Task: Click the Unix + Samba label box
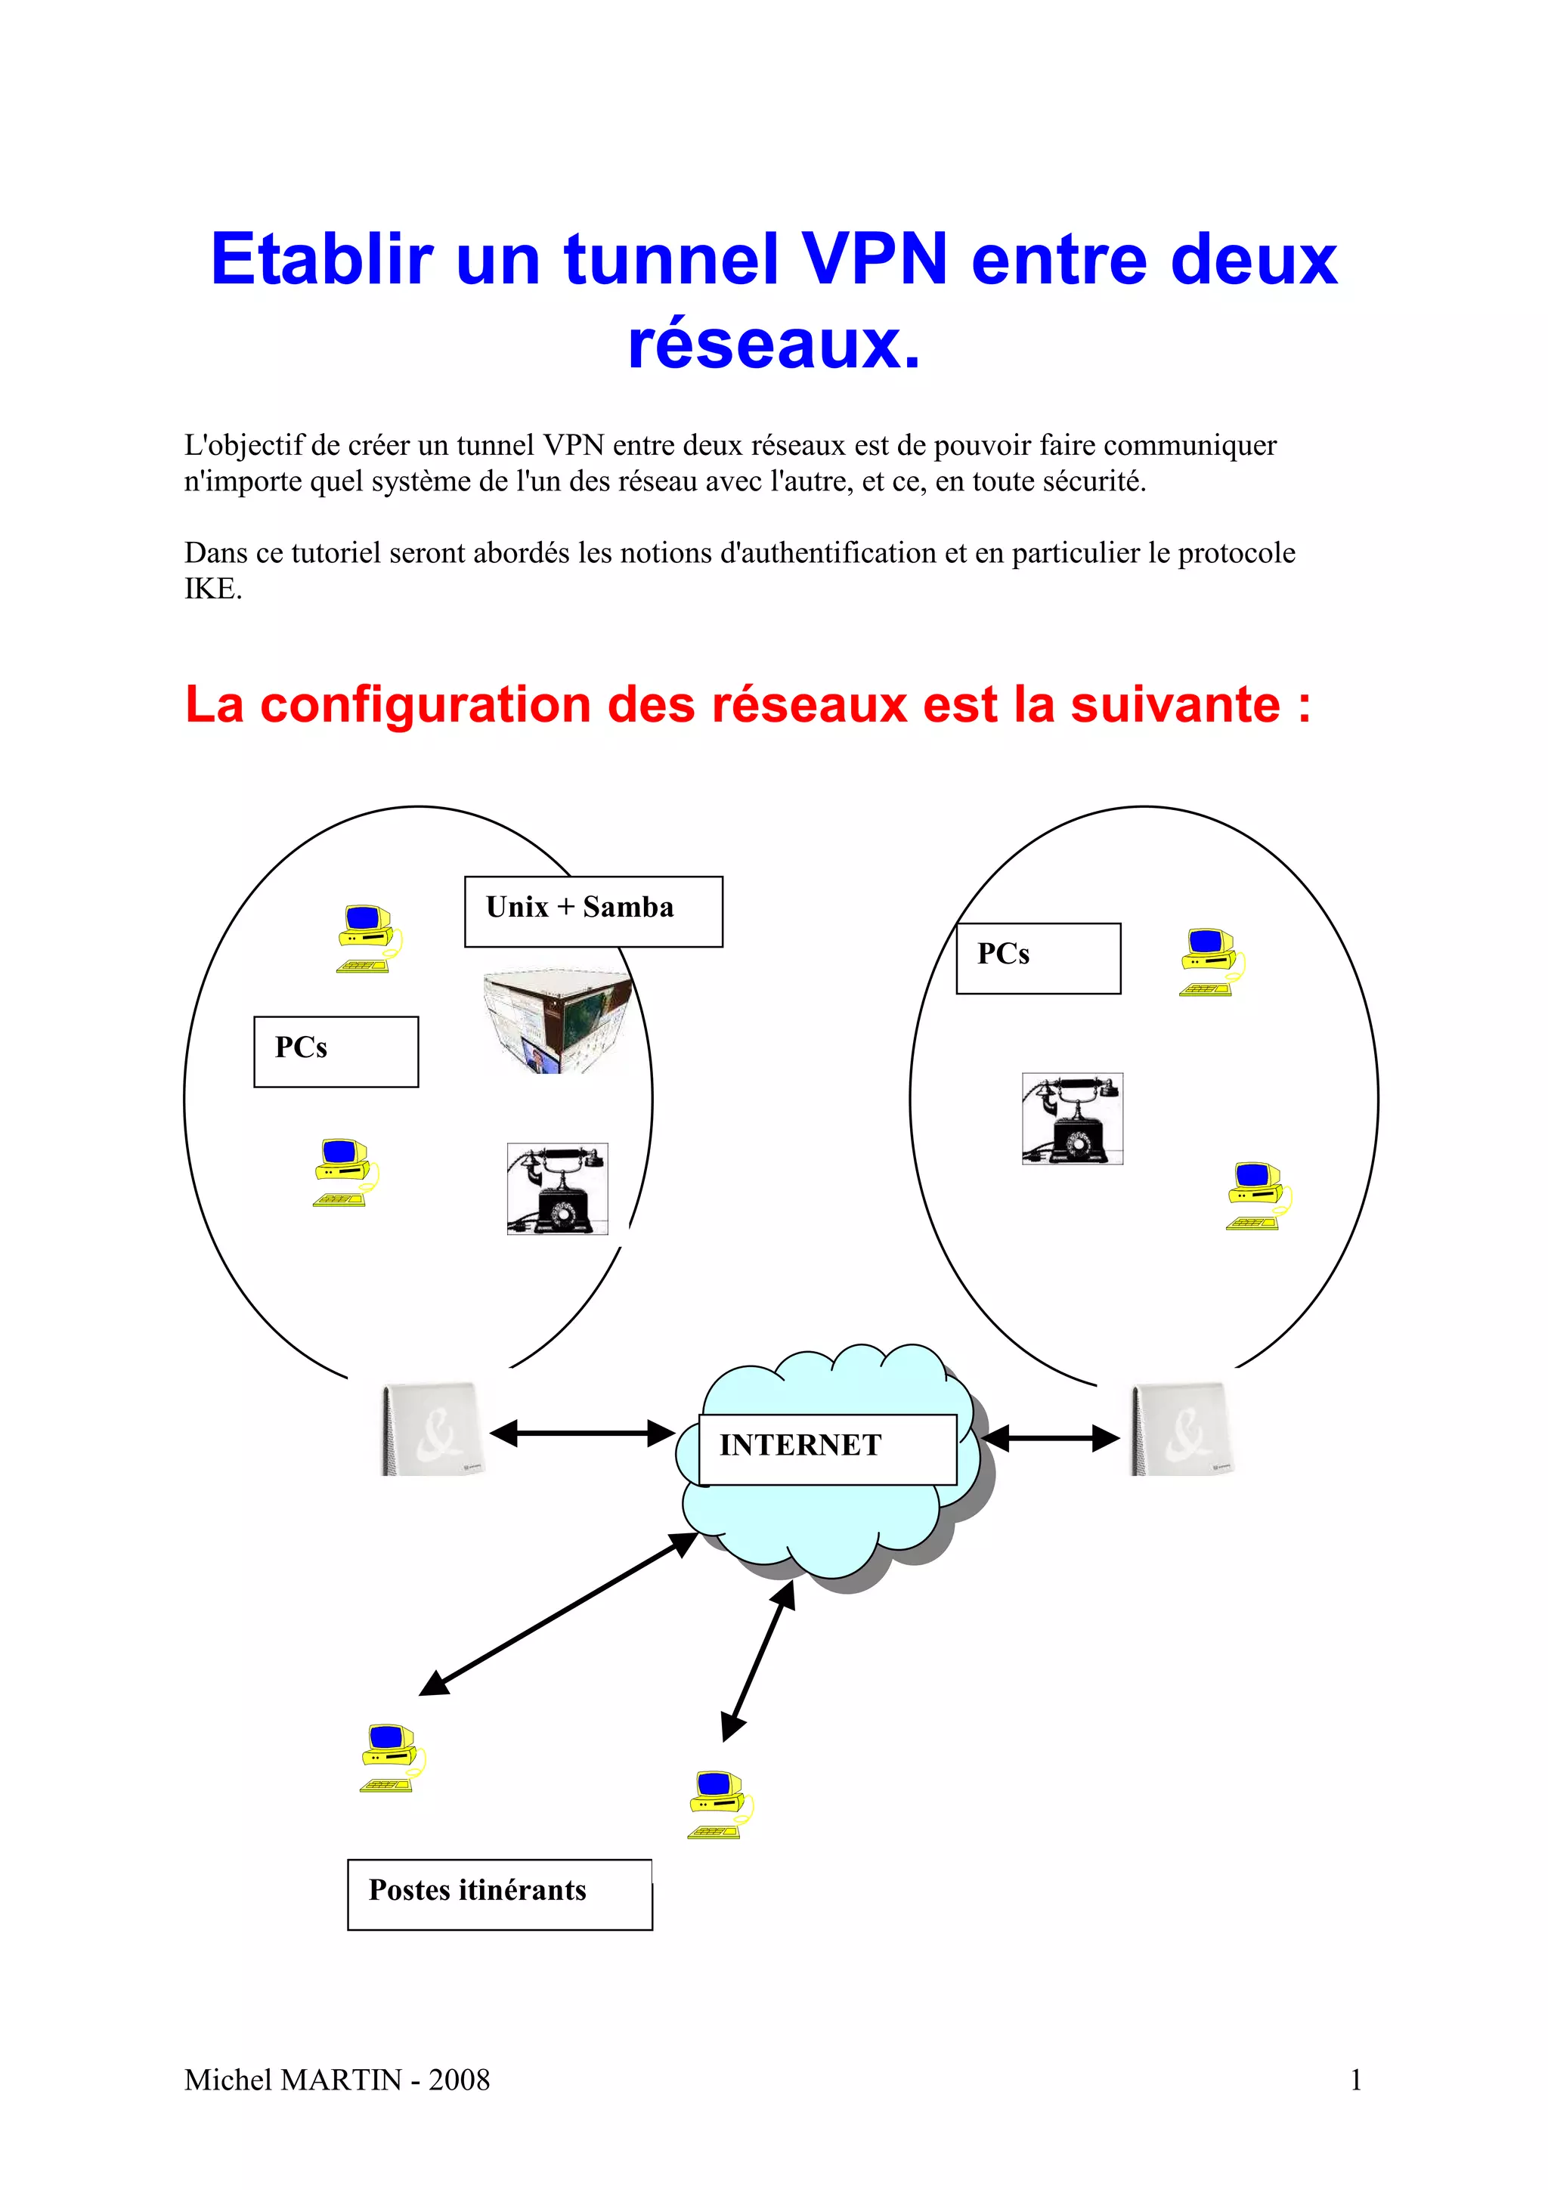593,911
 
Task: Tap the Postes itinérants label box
499,1895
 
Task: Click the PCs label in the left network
336,1051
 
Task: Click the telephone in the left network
557,1189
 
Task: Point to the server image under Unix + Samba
558,1022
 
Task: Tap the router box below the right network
1181,1430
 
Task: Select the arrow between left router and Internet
582,1433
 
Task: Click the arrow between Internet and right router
1050,1437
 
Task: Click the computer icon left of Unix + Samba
367,939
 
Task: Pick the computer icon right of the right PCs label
1209,961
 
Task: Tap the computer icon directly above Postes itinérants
391,1758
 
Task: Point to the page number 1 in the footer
1355,2080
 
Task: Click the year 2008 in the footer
459,2080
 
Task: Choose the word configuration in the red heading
426,705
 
